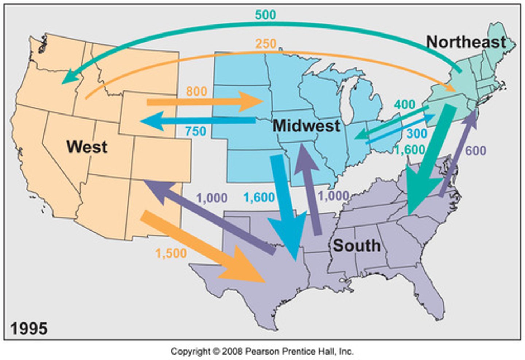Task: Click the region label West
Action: pos(87,147)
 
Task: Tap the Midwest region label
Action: pos(306,126)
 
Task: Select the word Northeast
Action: pos(466,42)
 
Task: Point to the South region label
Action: pos(357,245)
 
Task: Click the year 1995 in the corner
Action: pos(29,328)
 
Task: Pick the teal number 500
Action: pos(265,15)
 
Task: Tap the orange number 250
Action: pos(265,44)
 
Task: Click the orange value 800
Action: pos(197,91)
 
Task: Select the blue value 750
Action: pos(195,131)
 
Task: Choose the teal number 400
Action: pos(404,105)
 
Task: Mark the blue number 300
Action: pos(416,133)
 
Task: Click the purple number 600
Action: pos(475,150)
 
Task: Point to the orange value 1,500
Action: pos(171,253)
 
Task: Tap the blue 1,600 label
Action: pos(259,197)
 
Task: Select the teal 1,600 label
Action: pos(409,150)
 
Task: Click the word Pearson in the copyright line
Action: pos(259,351)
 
